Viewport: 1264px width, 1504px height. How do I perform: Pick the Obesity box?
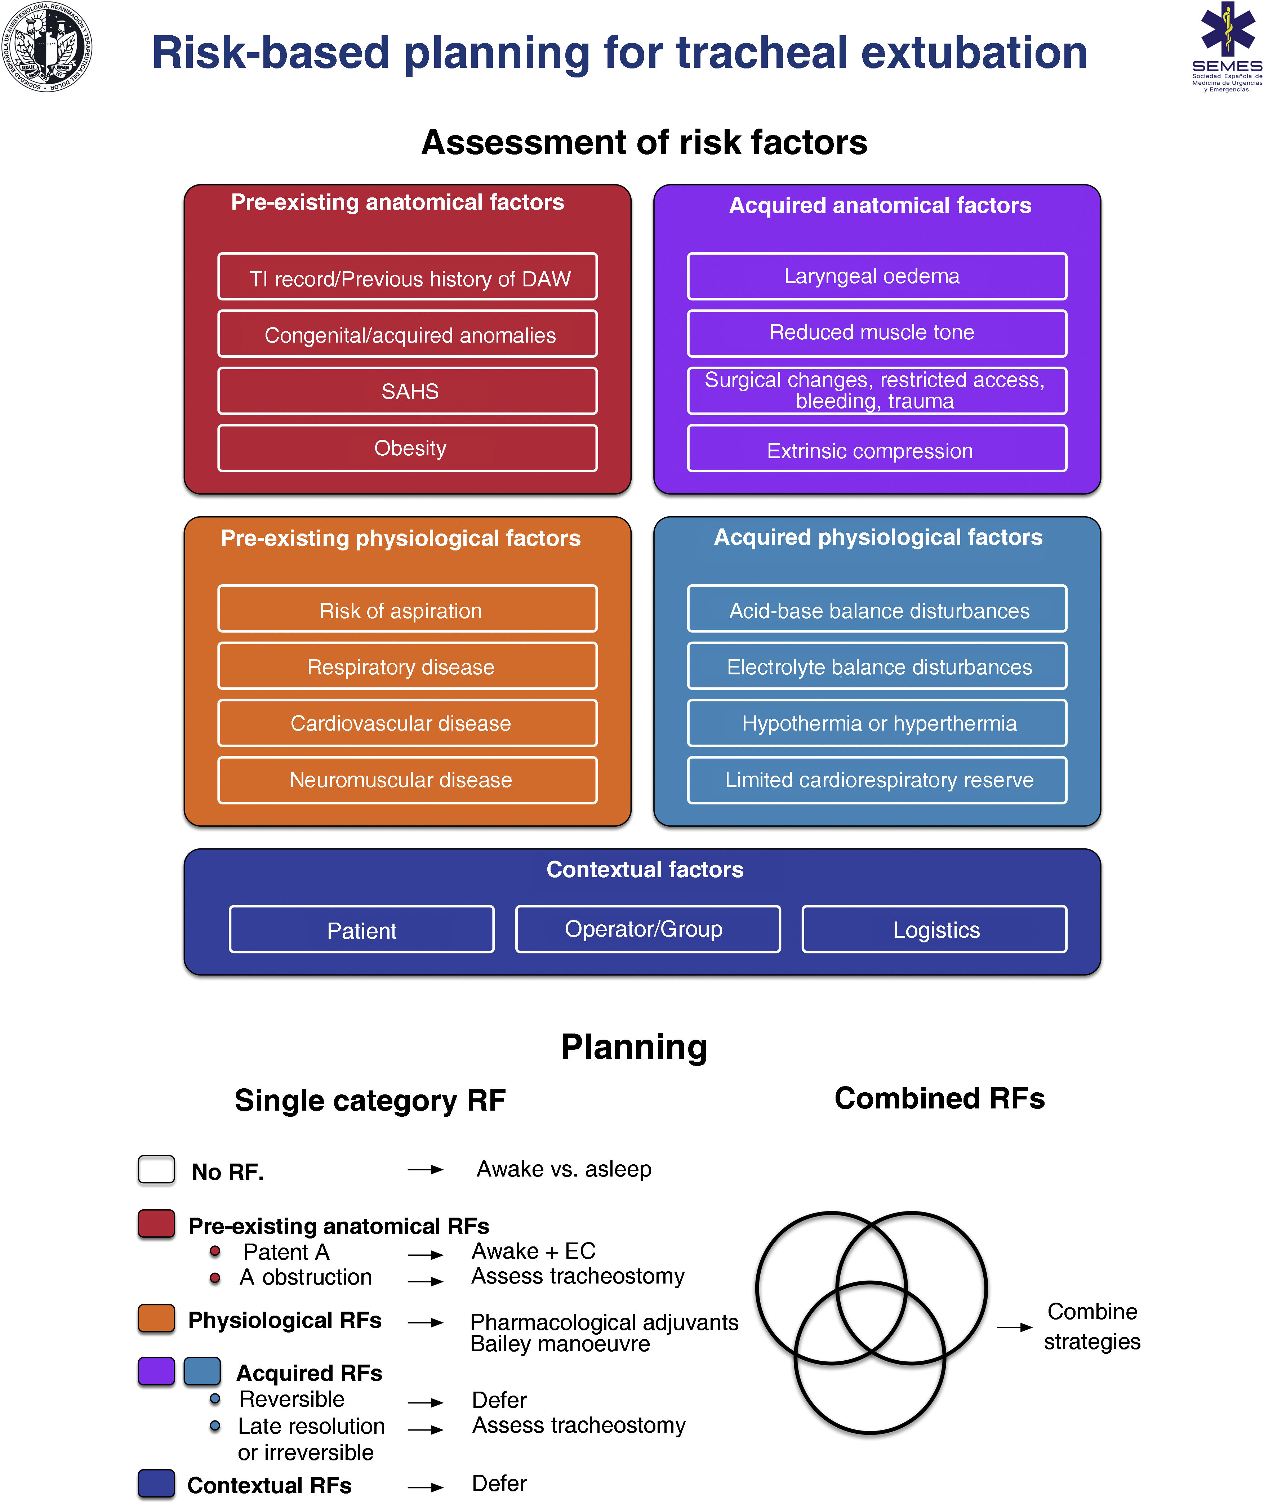coord(407,448)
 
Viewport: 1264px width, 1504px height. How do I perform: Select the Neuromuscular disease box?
coord(407,780)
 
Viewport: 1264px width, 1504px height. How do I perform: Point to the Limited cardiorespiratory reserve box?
coord(876,780)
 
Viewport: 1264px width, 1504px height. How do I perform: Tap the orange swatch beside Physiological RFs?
coord(156,1318)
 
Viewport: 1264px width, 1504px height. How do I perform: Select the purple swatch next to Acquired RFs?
coord(156,1371)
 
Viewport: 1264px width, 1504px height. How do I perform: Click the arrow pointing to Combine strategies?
coord(1014,1327)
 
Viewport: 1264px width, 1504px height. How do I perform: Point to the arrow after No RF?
coord(426,1169)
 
